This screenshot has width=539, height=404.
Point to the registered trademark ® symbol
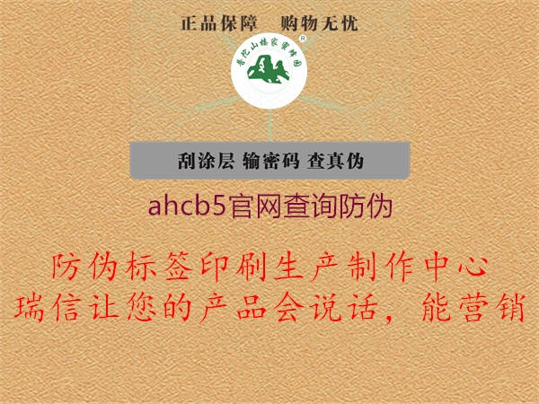(302, 40)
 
